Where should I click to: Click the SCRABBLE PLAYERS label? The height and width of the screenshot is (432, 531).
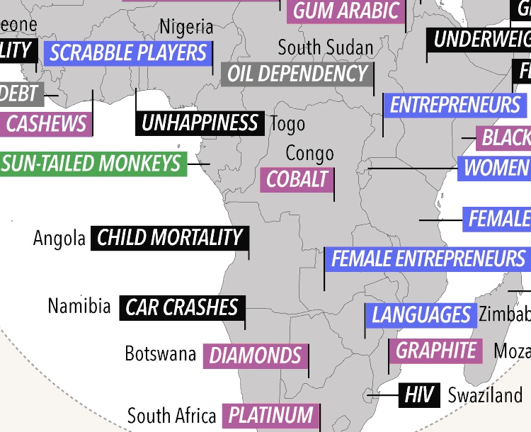pyautogui.click(x=128, y=52)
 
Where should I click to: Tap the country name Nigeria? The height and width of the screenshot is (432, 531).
pyautogui.click(x=186, y=27)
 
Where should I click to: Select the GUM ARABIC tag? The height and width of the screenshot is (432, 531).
pyautogui.click(x=346, y=11)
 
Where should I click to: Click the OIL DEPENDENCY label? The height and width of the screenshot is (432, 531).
pyautogui.click(x=297, y=74)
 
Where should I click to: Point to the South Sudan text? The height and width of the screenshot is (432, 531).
pyautogui.click(x=325, y=47)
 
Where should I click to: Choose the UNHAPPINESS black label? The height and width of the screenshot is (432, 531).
pyautogui.click(x=200, y=123)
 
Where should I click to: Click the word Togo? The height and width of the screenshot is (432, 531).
pyautogui.click(x=288, y=124)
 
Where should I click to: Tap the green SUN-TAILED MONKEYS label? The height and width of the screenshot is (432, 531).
pyautogui.click(x=92, y=164)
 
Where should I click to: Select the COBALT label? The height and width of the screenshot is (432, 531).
pyautogui.click(x=297, y=179)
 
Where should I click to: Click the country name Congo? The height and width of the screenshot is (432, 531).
pyautogui.click(x=309, y=153)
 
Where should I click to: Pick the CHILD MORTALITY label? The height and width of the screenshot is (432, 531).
pyautogui.click(x=169, y=237)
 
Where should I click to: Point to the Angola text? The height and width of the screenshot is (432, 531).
pyautogui.click(x=59, y=238)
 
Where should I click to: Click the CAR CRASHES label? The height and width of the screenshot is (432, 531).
pyautogui.click(x=182, y=307)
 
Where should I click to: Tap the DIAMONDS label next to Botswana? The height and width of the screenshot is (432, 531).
pyautogui.click(x=256, y=355)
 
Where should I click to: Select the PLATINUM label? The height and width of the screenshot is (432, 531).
pyautogui.click(x=270, y=415)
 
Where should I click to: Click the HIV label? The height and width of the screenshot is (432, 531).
pyautogui.click(x=418, y=395)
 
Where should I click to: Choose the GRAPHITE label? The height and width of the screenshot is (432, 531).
pyautogui.click(x=435, y=350)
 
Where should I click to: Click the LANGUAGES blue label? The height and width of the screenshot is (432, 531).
pyautogui.click(x=421, y=314)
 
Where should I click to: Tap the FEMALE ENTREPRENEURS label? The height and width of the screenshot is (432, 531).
pyautogui.click(x=428, y=258)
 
